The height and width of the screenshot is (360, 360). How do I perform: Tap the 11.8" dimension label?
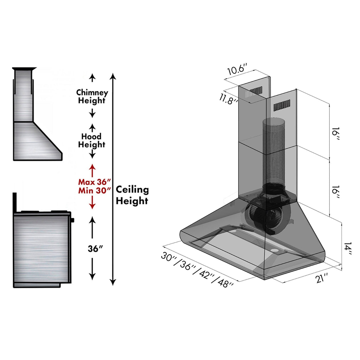(229, 98)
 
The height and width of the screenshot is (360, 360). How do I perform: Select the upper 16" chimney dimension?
(335, 134)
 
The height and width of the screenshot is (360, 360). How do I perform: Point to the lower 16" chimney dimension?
(335, 192)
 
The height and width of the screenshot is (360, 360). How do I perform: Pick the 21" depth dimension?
(322, 278)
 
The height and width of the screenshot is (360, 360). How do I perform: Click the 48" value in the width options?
(226, 283)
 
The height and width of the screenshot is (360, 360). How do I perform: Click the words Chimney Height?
(92, 96)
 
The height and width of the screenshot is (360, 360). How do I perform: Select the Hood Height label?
(92, 141)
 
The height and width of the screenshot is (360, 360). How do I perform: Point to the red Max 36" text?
(95, 182)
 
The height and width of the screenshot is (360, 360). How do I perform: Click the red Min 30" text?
(95, 190)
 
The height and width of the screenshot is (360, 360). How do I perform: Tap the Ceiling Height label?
(132, 195)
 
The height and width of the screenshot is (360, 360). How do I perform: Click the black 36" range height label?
(95, 249)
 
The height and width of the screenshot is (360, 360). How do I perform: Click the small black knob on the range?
(73, 220)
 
